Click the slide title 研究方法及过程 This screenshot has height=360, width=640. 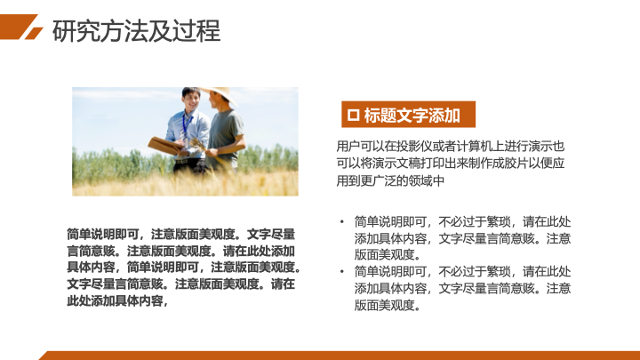click(x=136, y=31)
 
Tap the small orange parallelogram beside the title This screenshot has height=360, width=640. click(x=34, y=34)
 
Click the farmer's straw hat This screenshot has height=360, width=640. click(x=220, y=95)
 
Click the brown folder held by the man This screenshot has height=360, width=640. click(x=165, y=145)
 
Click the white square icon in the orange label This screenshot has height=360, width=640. click(x=353, y=115)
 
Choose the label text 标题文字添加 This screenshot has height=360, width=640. click(x=412, y=116)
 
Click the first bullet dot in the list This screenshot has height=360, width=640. click(x=342, y=222)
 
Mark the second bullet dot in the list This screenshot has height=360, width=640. click(x=342, y=272)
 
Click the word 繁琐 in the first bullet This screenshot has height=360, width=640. click(x=499, y=222)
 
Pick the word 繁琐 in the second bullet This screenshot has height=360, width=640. click(x=499, y=272)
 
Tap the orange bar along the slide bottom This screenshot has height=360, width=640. click(x=340, y=356)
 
